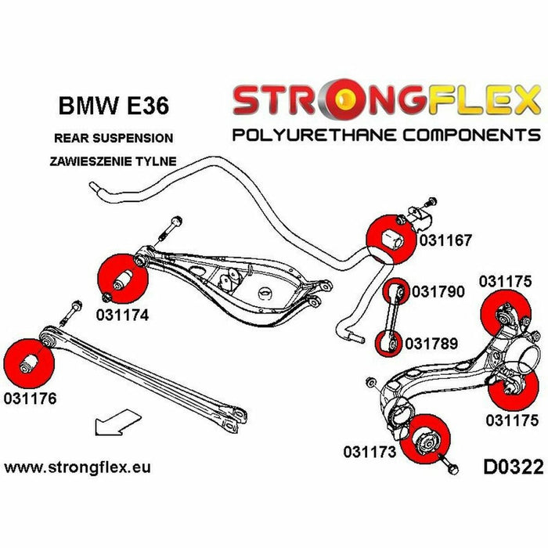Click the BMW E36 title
(x=114, y=105)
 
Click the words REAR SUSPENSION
(x=114, y=138)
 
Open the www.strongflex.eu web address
(x=78, y=467)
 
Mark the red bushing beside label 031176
(x=28, y=362)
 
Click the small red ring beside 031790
(x=397, y=290)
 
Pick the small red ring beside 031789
(x=388, y=342)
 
